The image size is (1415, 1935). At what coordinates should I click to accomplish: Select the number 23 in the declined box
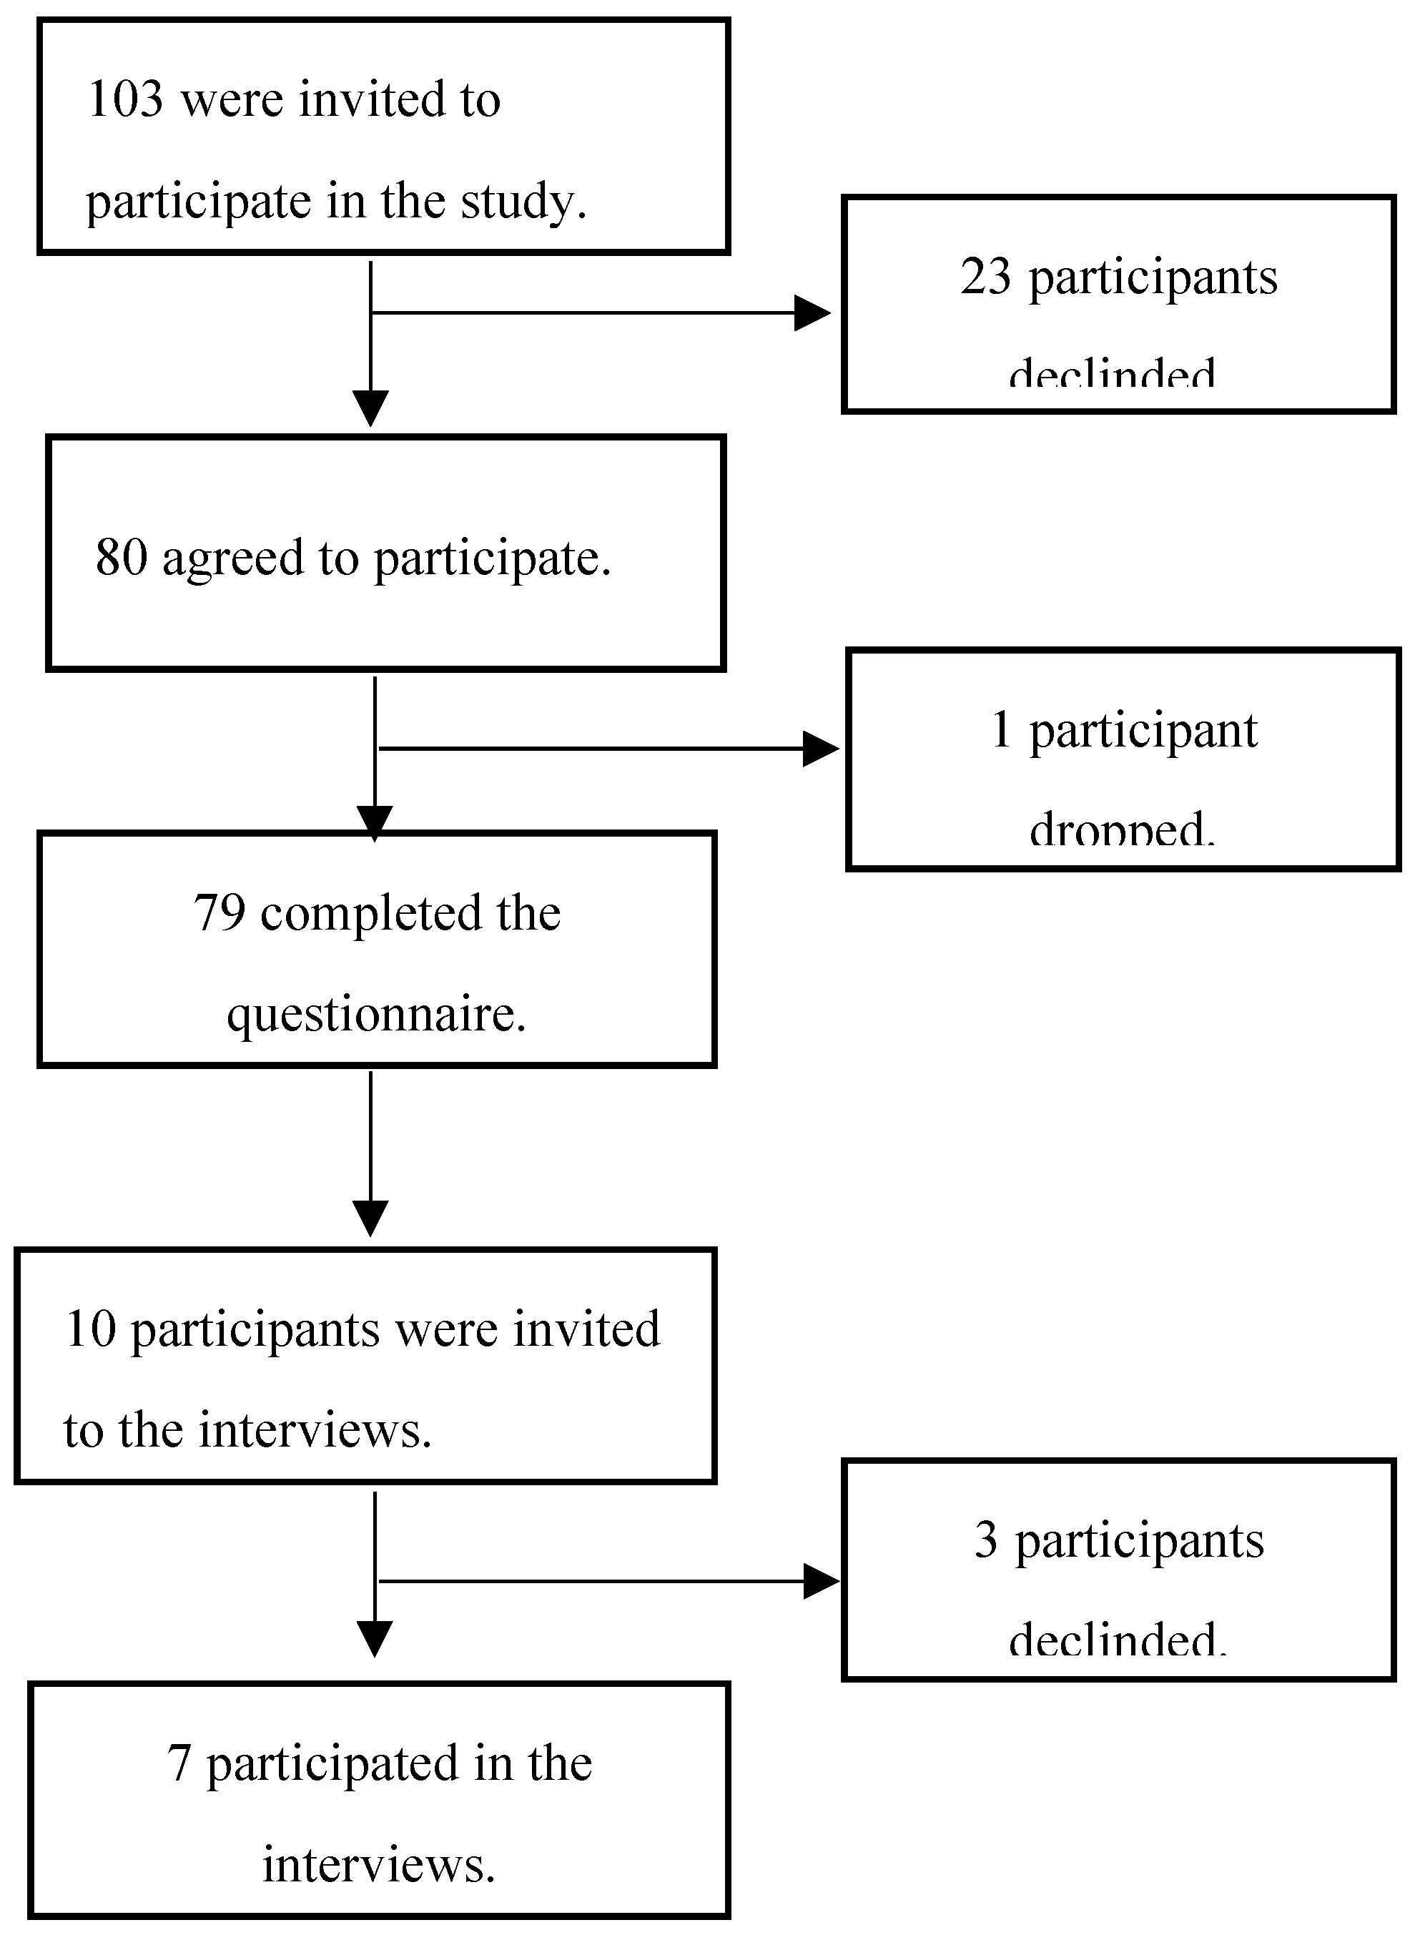tap(985, 277)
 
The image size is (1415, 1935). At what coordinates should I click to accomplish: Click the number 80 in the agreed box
tap(121, 558)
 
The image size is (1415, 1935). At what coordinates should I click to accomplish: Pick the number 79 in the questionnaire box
tap(220, 912)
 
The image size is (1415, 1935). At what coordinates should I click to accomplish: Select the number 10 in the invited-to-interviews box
tap(90, 1329)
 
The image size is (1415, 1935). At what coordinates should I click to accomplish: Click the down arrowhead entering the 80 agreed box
tap(371, 408)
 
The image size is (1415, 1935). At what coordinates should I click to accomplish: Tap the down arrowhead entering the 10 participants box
tap(371, 1217)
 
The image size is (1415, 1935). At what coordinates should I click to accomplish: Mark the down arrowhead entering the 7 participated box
tap(375, 1638)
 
